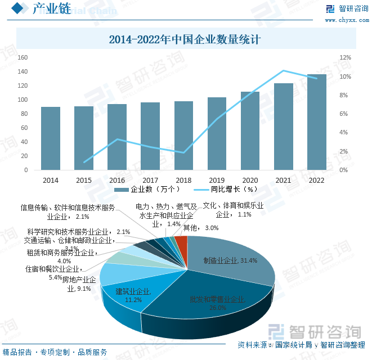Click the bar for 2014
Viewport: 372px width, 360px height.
click(x=51, y=138)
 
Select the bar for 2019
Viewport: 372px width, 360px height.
click(x=217, y=134)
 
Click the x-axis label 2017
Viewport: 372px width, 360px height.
click(x=150, y=180)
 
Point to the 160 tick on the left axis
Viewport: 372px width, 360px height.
click(x=23, y=57)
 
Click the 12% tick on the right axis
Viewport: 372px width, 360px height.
click(x=345, y=57)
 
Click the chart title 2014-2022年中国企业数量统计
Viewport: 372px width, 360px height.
click(x=186, y=40)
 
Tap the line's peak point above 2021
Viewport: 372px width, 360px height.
click(x=284, y=71)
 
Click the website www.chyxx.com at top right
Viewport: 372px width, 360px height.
click(x=346, y=20)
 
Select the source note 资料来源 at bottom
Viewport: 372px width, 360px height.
click(x=302, y=345)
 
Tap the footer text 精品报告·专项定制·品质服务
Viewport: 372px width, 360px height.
click(x=55, y=352)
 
